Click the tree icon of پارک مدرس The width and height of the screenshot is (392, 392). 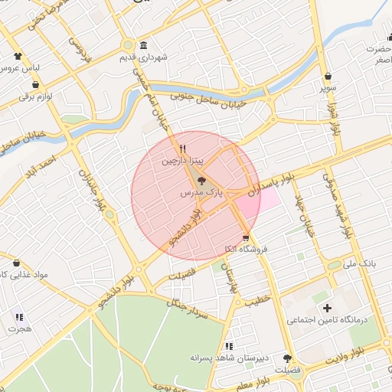[201, 181]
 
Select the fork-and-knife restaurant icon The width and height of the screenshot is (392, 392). [182, 149]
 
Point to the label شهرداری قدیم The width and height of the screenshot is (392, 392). [143, 57]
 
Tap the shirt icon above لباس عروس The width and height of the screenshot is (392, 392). [18, 55]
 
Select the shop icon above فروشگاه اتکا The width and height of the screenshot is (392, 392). [245, 237]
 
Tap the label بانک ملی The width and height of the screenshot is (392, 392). [361, 263]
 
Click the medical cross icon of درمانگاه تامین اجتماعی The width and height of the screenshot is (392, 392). [328, 308]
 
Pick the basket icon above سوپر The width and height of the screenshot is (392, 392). [328, 76]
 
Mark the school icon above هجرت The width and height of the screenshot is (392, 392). [19, 316]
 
